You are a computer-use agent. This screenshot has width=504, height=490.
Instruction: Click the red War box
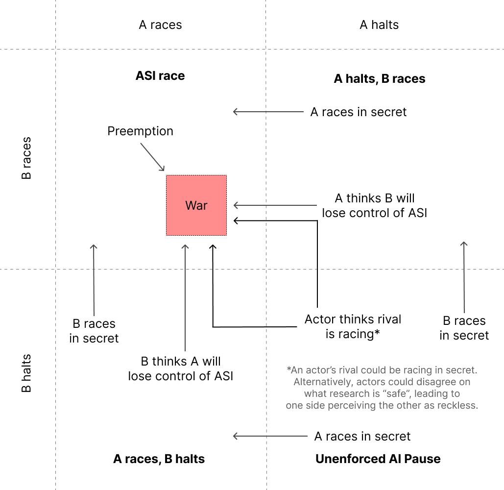point(196,205)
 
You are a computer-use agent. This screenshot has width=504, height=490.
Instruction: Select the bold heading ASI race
point(160,76)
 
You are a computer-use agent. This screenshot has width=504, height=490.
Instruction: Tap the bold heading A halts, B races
point(379,79)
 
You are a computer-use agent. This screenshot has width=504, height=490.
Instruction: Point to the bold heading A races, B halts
point(159,459)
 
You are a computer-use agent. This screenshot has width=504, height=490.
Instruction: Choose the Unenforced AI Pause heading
point(378,459)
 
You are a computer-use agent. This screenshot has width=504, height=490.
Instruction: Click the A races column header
point(160,25)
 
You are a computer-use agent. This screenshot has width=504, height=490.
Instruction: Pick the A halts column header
point(379,25)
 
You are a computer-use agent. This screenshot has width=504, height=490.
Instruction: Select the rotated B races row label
point(26,158)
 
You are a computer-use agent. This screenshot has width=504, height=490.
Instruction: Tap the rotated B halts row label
point(26,373)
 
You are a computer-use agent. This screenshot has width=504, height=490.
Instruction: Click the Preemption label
point(140,131)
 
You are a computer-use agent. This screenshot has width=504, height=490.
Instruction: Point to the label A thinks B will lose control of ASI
point(375,206)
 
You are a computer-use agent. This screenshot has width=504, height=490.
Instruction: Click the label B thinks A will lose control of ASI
point(181,368)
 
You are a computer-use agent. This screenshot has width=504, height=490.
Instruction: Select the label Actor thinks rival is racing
point(353,327)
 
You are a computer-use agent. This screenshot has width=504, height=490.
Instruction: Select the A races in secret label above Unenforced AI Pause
point(362,436)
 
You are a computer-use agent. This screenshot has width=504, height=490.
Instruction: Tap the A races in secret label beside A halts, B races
point(359,112)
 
